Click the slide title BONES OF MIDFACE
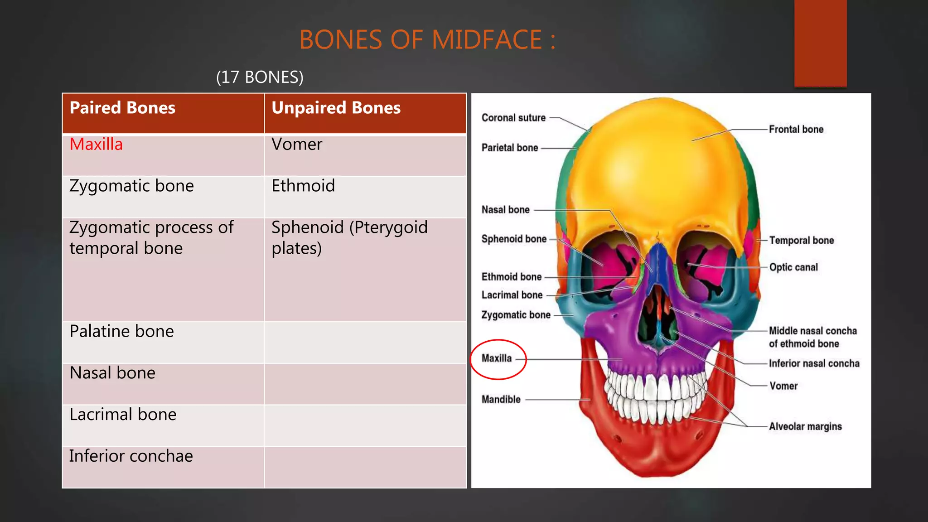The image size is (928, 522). (427, 40)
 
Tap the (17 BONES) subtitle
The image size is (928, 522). (260, 77)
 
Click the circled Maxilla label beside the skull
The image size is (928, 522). (497, 358)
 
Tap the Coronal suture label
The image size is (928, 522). (513, 118)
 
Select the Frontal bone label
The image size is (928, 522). (796, 130)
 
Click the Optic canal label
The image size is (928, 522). (793, 267)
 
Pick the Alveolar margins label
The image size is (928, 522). (805, 426)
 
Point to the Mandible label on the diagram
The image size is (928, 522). (501, 400)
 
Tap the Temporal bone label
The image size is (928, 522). (801, 241)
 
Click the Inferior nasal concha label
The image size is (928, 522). (814, 363)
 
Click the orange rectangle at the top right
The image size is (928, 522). (820, 43)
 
